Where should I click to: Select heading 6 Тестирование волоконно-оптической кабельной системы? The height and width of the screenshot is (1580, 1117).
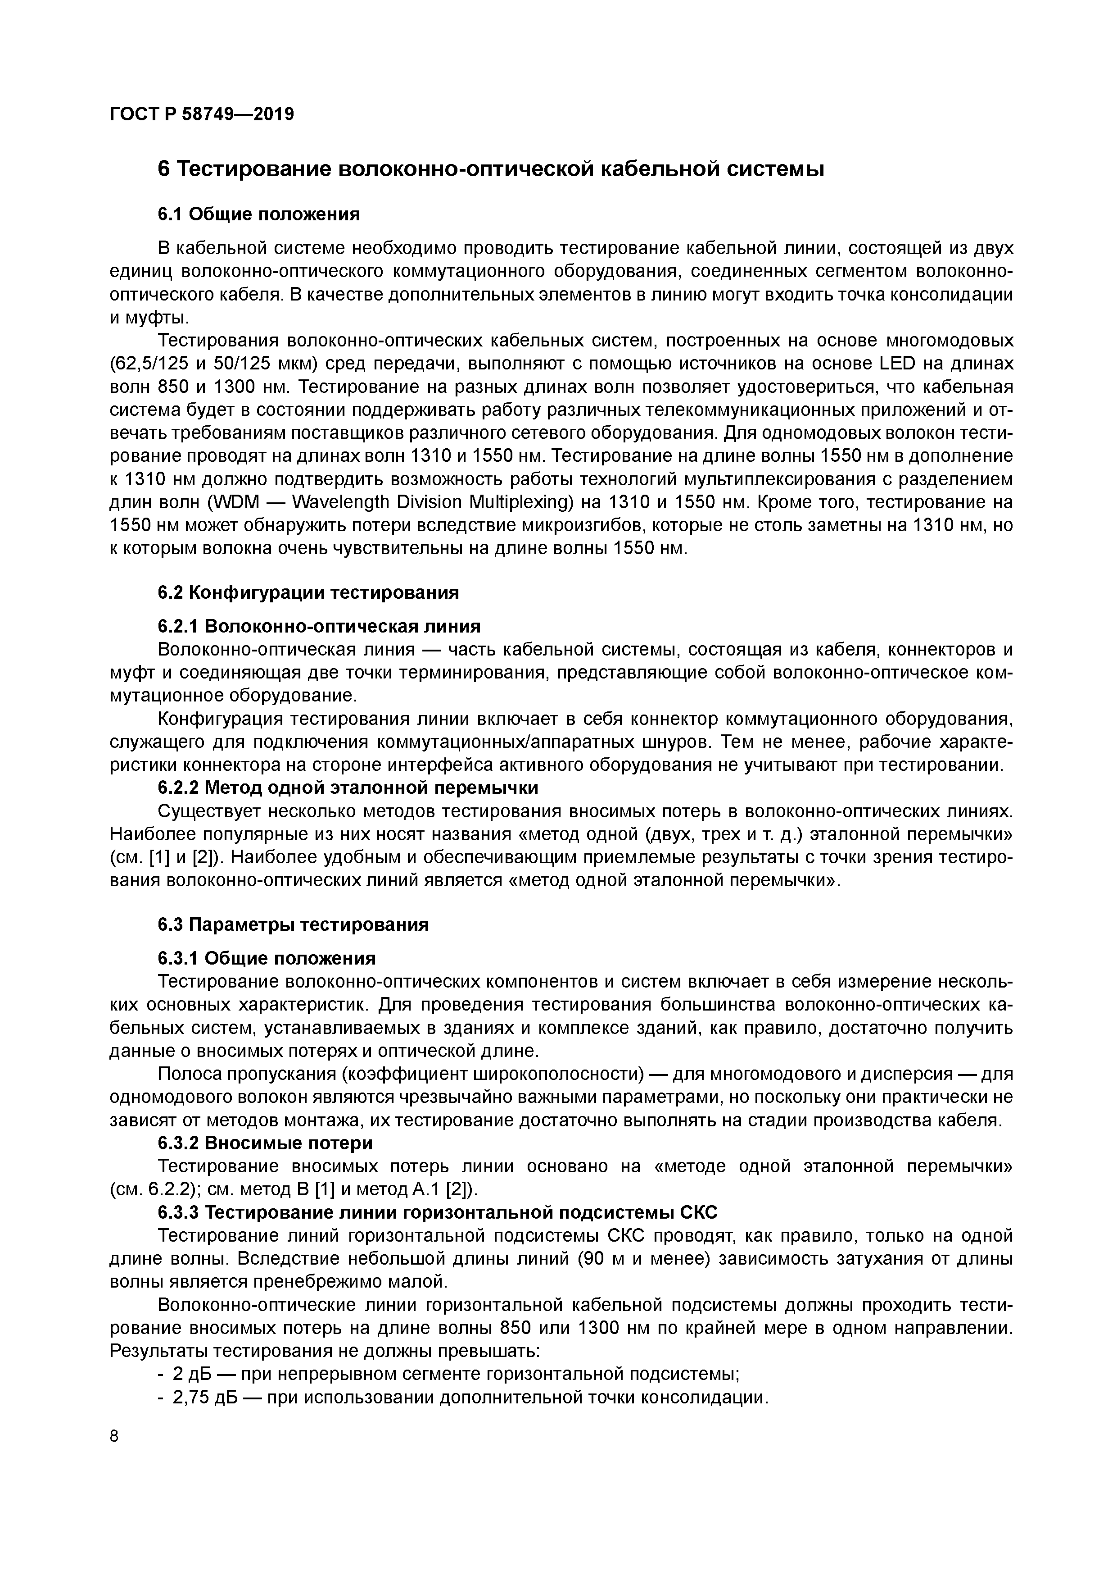pos(490,169)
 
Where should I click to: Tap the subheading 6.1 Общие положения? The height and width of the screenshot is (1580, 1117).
pos(258,215)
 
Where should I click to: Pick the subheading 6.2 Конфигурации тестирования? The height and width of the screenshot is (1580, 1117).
pos(308,592)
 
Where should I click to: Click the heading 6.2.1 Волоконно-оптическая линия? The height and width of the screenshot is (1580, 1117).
pos(319,626)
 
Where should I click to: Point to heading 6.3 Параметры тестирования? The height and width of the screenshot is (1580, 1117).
pos(293,924)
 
